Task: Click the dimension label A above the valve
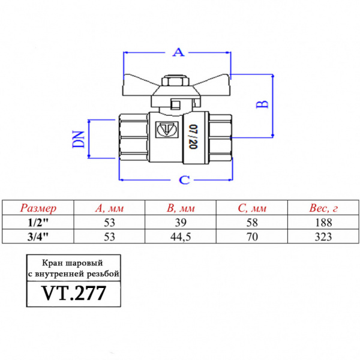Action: [x=178, y=53]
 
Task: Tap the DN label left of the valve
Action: [x=77, y=139]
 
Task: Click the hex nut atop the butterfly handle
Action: [x=175, y=82]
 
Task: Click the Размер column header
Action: [x=39, y=209]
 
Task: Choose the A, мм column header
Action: [x=109, y=209]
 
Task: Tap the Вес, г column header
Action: [x=325, y=209]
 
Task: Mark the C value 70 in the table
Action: [x=252, y=235]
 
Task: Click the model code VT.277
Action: [x=74, y=293]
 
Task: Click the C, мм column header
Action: [x=252, y=209]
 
